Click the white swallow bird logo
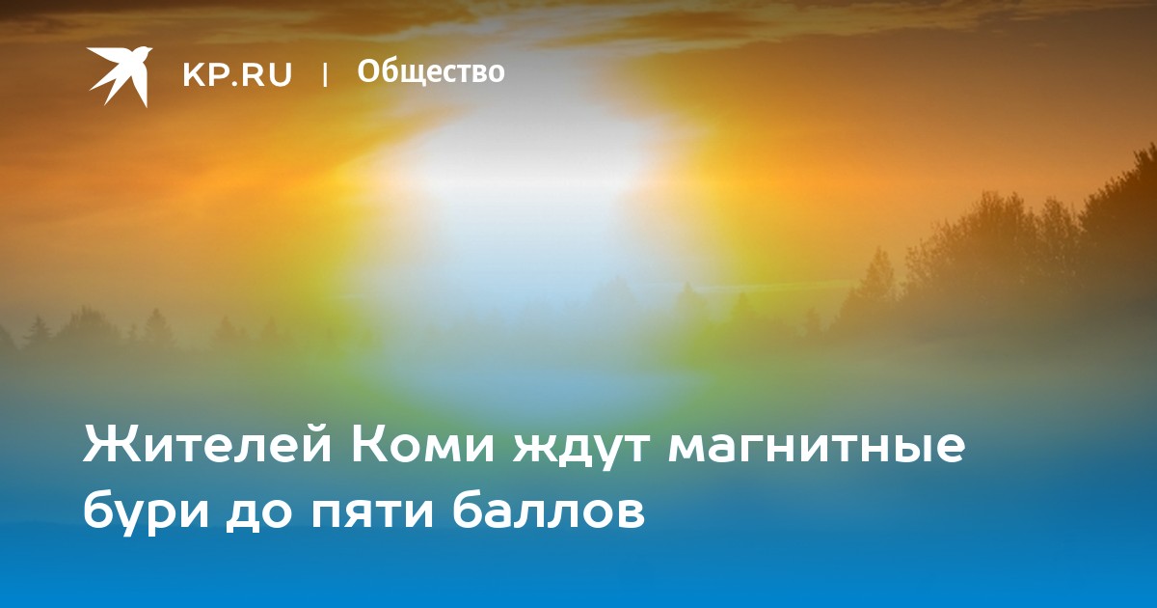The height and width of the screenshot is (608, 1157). [x=120, y=76]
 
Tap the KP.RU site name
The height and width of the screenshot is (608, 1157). [x=237, y=74]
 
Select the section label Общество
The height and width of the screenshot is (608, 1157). [x=431, y=72]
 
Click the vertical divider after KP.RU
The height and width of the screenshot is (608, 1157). [x=325, y=74]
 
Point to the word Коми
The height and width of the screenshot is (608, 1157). [x=423, y=445]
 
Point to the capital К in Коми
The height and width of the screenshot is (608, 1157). [x=370, y=444]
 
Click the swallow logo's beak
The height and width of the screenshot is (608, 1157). [x=149, y=49]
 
